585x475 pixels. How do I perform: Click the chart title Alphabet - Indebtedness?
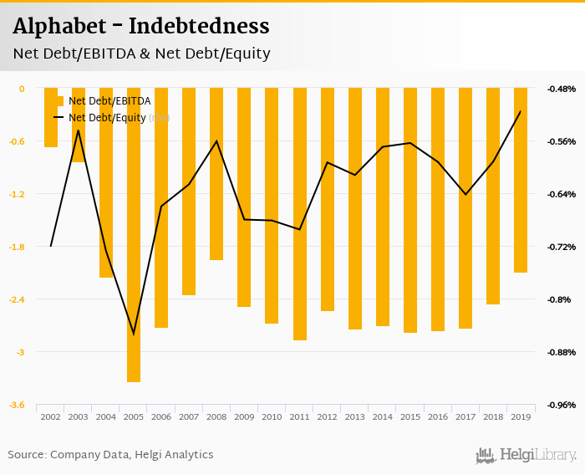click(x=140, y=26)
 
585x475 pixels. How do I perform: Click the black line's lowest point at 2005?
click(x=134, y=335)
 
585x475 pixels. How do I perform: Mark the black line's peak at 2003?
click(x=78, y=130)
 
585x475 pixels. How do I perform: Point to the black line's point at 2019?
click(x=520, y=111)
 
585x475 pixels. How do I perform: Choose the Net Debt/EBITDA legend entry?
click(x=109, y=101)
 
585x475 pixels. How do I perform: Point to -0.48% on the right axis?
click(x=561, y=89)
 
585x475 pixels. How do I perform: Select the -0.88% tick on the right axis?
click(x=561, y=352)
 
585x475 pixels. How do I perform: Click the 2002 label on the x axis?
click(x=50, y=416)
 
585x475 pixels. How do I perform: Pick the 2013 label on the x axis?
click(x=354, y=416)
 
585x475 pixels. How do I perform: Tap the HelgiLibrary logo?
click(x=526, y=456)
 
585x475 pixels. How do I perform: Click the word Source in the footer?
click(x=27, y=455)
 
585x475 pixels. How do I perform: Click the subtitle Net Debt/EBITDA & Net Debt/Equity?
click(x=141, y=54)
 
